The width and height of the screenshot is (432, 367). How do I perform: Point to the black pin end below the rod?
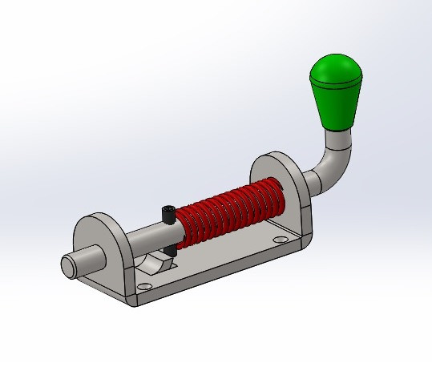pos(172,252)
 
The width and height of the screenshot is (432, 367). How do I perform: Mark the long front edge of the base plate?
pos(216,276)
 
